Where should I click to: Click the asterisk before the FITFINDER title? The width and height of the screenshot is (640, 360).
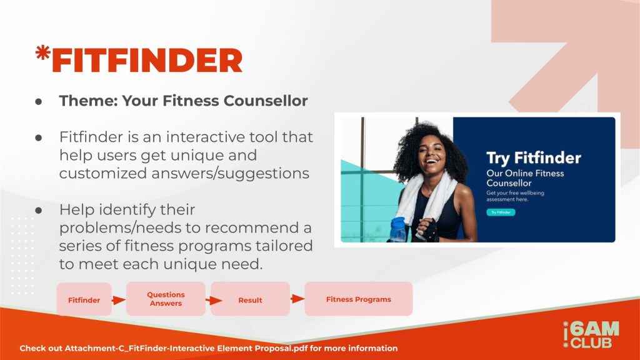click(x=43, y=52)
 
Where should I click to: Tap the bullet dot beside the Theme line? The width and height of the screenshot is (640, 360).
click(x=39, y=102)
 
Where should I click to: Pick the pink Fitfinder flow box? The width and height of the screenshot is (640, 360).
click(x=84, y=299)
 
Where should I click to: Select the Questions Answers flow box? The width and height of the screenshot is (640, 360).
click(x=166, y=299)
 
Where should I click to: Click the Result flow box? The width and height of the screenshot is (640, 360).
click(x=250, y=299)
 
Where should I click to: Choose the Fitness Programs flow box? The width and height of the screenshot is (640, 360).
click(x=358, y=299)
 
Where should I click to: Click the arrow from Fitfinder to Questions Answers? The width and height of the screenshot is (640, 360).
click(x=119, y=301)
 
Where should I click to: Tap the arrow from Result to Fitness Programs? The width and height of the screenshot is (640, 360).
click(x=297, y=299)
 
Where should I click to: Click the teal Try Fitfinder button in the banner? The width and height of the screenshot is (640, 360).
click(x=501, y=212)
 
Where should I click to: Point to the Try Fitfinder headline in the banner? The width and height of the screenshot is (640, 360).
click(x=534, y=158)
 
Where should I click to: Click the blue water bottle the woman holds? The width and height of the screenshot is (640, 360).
click(x=398, y=230)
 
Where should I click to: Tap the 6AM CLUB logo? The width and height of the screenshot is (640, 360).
click(x=591, y=335)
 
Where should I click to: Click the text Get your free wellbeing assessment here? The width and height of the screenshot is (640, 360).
click(x=515, y=196)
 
